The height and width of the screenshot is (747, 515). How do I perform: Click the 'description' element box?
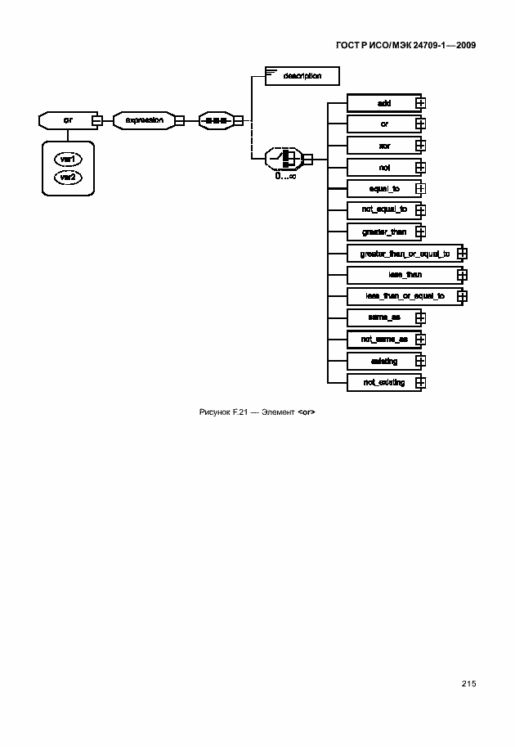click(301, 76)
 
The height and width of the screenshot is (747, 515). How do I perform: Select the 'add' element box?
click(384, 103)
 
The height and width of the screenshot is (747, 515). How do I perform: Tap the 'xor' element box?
click(384, 146)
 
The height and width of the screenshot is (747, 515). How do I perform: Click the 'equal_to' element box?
click(384, 188)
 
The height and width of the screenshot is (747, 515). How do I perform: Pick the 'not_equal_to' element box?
click(384, 210)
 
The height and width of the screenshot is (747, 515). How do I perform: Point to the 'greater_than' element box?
click(384, 232)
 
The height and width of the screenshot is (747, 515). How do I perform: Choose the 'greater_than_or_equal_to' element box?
click(405, 254)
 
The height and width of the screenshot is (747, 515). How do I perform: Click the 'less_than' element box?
click(405, 275)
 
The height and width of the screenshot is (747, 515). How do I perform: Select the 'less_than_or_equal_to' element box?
click(405, 296)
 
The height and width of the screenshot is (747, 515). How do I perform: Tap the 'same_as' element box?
click(384, 317)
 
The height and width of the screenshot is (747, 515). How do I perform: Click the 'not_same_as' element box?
click(384, 339)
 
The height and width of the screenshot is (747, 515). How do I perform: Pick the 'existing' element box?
click(384, 361)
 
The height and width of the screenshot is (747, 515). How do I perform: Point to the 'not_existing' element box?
click(384, 382)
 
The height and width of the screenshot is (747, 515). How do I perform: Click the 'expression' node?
click(144, 120)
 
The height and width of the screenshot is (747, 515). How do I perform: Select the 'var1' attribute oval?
click(68, 160)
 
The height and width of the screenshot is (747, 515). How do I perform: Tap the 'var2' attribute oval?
click(68, 177)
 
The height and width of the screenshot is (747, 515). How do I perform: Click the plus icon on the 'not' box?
click(421, 168)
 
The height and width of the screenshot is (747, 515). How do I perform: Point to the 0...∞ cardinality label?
click(285, 175)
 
